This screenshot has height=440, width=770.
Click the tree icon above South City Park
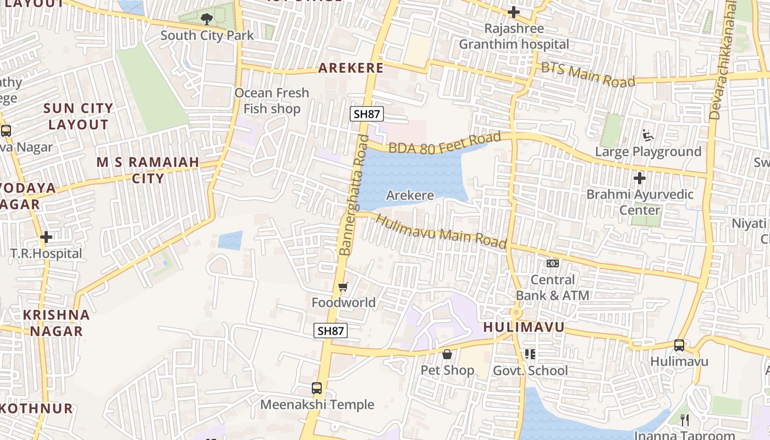tap(206, 19)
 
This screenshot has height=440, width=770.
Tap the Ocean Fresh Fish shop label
tap(272, 101)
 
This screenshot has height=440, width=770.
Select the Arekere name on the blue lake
tap(410, 195)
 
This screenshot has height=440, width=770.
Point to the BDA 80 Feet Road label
tap(445, 142)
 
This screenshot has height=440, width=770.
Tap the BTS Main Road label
tap(588, 75)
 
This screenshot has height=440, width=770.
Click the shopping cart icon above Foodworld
tap(343, 287)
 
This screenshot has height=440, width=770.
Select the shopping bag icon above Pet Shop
tap(447, 354)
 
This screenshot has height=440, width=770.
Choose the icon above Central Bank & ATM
tap(553, 263)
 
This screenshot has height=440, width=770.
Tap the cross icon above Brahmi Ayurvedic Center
tap(640, 178)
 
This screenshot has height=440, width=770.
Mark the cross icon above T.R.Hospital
tap(46, 238)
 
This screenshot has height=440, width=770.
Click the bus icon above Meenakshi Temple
tap(317, 388)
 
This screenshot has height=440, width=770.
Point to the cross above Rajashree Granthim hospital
tap(514, 12)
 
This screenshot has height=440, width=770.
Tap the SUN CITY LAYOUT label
tap(78, 116)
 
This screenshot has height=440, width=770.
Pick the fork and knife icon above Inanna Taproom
tap(685, 420)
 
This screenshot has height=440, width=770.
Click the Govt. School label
tap(530, 371)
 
